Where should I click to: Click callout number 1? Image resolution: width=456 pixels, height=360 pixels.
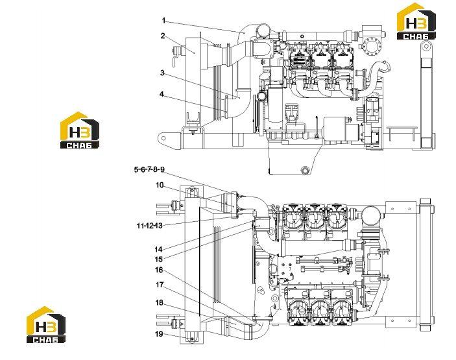163,21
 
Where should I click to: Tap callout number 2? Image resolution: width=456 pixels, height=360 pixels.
163,36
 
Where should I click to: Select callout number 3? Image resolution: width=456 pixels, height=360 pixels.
162,73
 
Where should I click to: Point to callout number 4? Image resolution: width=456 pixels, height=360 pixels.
162,94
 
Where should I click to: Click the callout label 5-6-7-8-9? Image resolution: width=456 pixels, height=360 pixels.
149,169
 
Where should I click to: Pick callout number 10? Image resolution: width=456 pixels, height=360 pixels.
160,186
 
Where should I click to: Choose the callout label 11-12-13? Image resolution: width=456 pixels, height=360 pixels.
149,226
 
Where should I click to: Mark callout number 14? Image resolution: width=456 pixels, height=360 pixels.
158,249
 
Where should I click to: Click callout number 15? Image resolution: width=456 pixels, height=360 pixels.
158,259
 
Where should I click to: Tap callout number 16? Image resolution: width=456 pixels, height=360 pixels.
159,270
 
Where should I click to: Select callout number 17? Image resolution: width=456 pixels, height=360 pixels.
160,284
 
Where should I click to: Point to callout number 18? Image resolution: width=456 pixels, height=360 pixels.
159,303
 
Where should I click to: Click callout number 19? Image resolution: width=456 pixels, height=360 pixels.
159,334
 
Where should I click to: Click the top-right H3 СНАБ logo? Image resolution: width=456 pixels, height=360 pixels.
416,21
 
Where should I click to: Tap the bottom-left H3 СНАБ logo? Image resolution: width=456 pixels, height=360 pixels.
46,324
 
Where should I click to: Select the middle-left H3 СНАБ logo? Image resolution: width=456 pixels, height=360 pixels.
80,130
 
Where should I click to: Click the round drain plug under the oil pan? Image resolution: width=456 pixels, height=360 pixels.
304,170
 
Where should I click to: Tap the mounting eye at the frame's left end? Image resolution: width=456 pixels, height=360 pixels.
163,136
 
